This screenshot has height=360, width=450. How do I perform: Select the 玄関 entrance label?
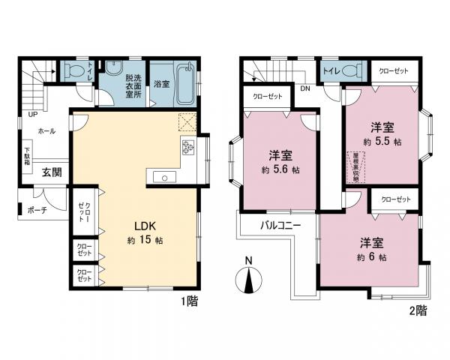click(51, 172)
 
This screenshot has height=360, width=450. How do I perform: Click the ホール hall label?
click(46, 131)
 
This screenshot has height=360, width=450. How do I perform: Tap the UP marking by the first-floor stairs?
click(31, 115)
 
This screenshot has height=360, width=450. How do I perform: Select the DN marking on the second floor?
click(305, 88)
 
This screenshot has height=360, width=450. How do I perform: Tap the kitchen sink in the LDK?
click(163, 177)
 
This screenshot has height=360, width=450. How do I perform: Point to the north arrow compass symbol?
click(248, 282)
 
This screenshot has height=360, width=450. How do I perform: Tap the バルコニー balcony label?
click(280, 225)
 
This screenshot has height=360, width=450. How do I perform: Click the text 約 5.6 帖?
click(281, 171)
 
